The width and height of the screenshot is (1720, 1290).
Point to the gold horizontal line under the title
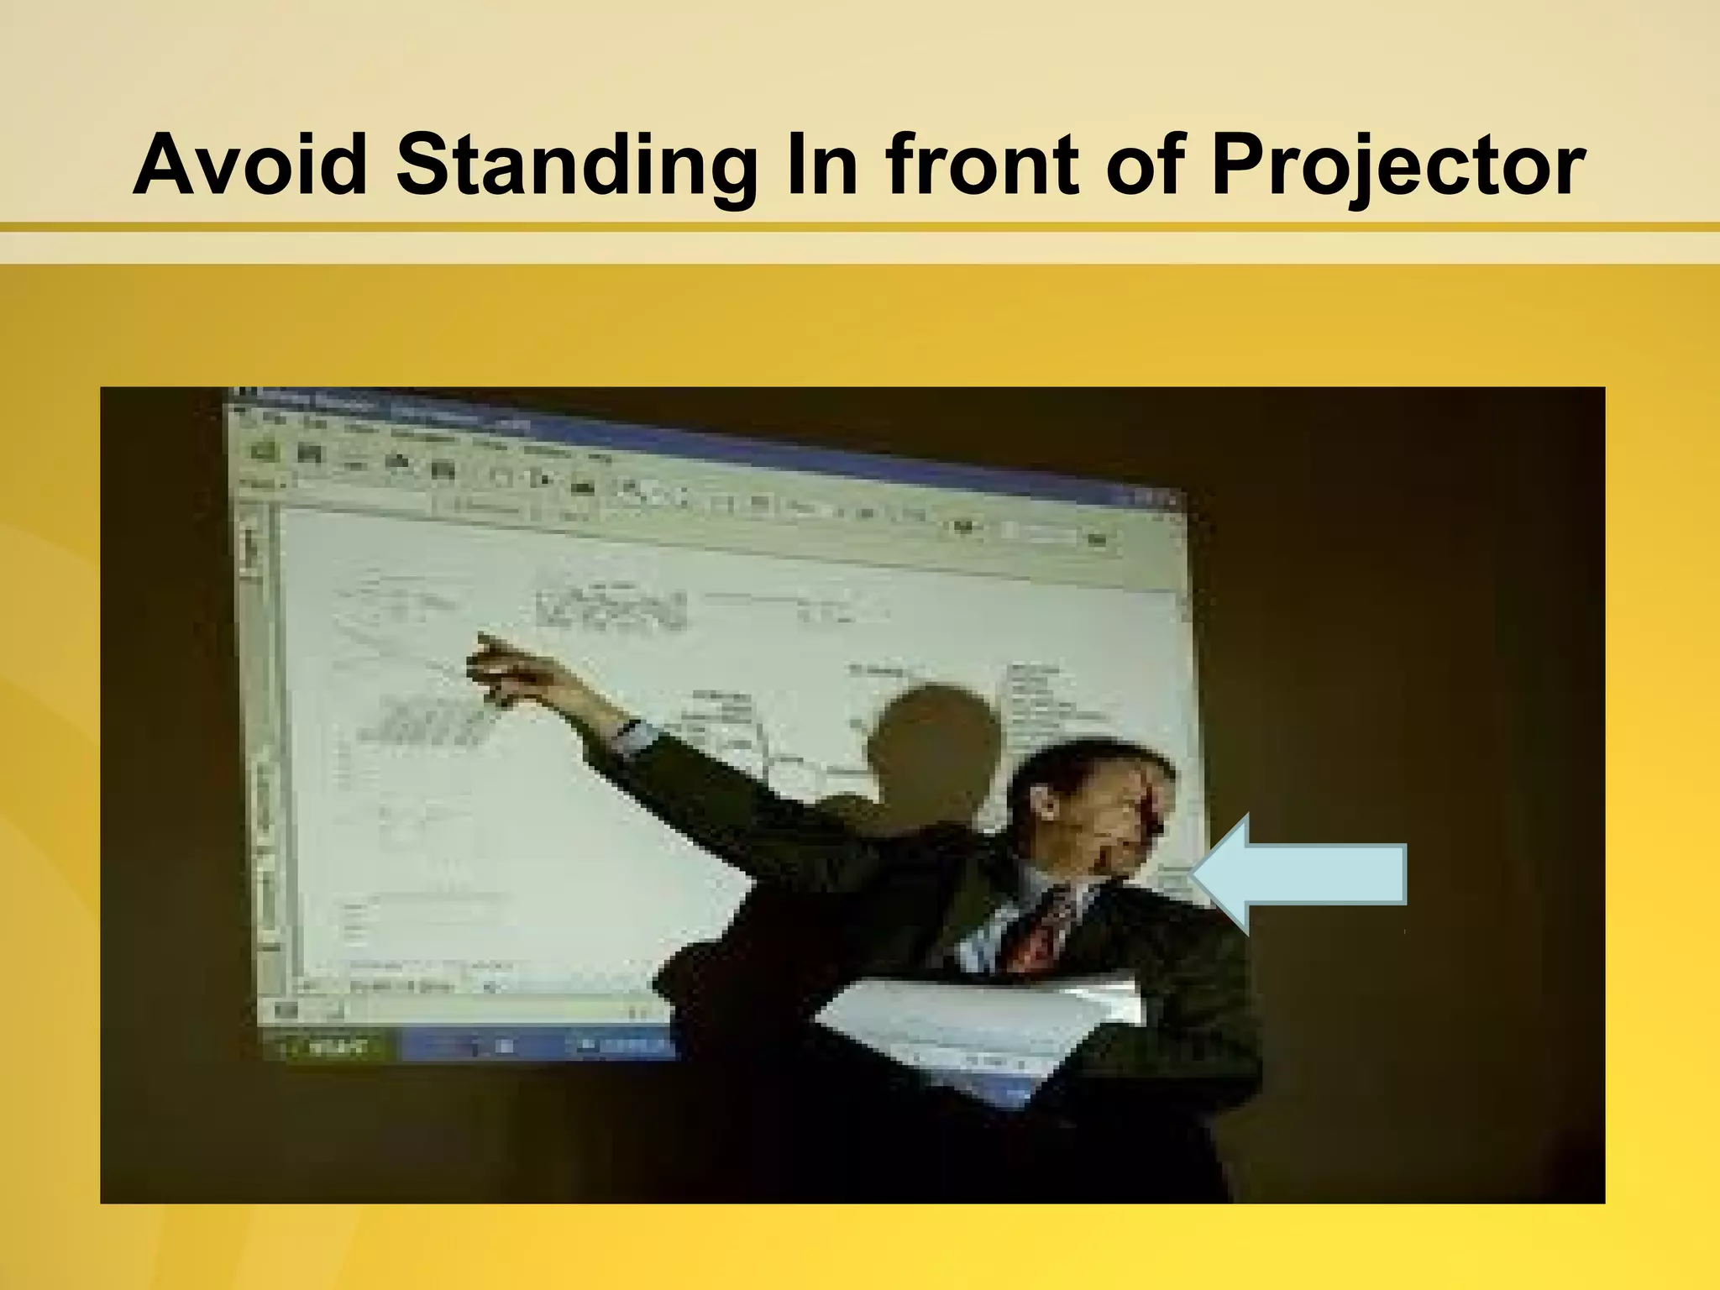860,227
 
